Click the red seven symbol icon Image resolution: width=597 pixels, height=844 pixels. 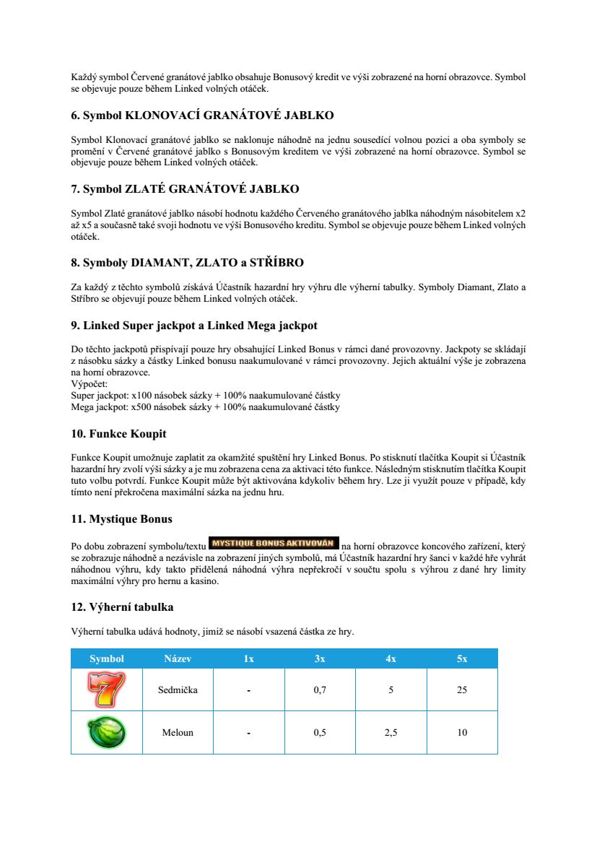pos(106,689)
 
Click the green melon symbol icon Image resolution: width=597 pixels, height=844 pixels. pos(106,732)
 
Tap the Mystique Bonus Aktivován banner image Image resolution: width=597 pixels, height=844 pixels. pos(274,543)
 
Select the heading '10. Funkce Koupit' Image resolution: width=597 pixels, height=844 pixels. pos(118,434)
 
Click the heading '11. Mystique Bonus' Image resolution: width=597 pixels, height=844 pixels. pos(121,519)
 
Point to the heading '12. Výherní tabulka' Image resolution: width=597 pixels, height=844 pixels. pos(122,606)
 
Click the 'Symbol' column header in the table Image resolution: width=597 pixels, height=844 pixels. pos(107,658)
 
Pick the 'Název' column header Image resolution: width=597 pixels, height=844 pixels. pos(178,658)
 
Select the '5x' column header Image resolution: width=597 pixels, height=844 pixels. pos(462,658)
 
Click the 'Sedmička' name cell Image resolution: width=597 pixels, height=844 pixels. pos(178,689)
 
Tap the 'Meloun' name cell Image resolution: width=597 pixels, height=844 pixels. pos(178,732)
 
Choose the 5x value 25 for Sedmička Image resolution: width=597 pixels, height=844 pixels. pos(462,689)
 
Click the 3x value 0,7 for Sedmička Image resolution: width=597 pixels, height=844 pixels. pos(320,689)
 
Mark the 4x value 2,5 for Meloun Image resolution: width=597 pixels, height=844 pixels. pos(391,732)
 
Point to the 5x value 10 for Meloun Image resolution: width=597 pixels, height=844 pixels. pos(462,732)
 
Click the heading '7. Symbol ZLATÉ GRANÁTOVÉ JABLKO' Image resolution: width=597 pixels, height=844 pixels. pos(185,189)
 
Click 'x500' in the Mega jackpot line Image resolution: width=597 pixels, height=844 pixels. pos(140,406)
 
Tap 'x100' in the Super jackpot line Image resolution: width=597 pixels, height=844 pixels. pos(141,396)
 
